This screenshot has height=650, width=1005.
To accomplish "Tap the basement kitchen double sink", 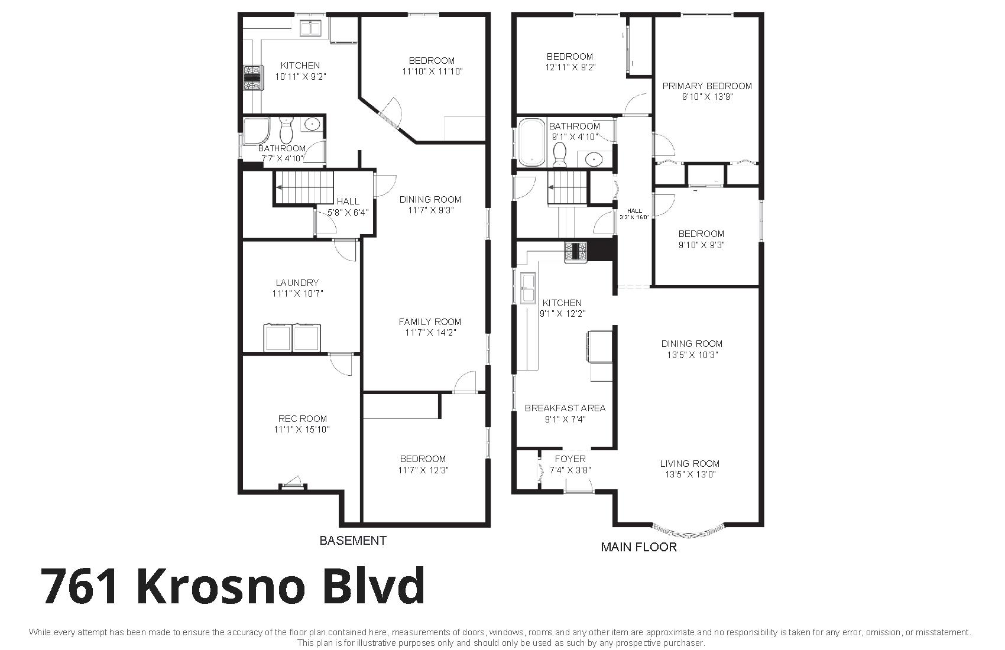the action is [311, 28].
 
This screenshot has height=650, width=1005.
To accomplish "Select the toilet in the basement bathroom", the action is [286, 129].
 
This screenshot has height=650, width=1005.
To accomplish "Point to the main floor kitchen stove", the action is [575, 252].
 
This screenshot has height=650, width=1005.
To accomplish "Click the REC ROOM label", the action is [303, 418].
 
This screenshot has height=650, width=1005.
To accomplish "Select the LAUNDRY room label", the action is [297, 282].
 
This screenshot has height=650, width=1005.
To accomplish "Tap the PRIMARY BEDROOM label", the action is [707, 86].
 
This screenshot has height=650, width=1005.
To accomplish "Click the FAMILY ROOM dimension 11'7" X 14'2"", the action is [431, 333].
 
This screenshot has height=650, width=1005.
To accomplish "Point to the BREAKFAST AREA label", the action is [565, 408].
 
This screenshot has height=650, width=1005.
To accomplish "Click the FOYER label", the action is [570, 459].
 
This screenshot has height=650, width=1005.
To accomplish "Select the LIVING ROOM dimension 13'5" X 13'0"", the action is [690, 474].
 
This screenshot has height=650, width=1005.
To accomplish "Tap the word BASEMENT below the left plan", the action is [353, 541].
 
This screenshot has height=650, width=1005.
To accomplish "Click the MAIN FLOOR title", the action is [639, 547].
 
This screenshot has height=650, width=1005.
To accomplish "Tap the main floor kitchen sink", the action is [527, 288].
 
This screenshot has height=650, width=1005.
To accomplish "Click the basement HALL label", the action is [348, 201].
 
